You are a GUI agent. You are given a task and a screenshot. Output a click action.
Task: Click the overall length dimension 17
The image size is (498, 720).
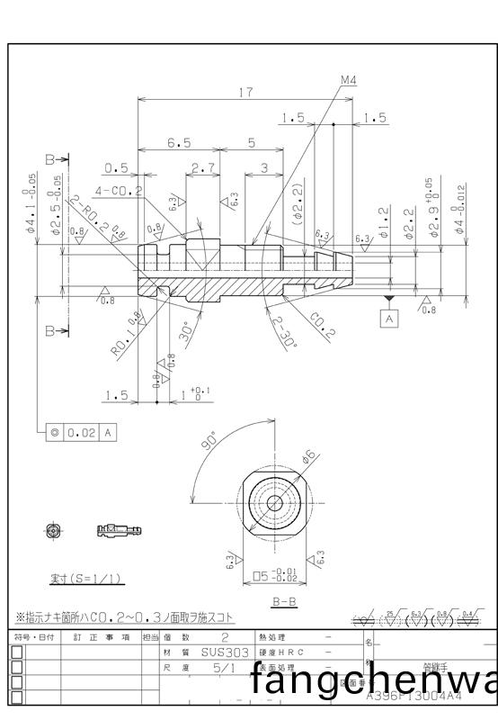[245, 92]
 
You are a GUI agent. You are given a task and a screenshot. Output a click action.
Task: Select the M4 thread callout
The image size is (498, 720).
[348, 81]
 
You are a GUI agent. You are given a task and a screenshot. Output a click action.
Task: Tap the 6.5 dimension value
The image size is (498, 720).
[179, 143]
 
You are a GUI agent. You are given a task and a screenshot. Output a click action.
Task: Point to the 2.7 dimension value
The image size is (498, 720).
[203, 168]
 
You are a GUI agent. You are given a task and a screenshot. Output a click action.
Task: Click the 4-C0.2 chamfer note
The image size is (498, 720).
[118, 191]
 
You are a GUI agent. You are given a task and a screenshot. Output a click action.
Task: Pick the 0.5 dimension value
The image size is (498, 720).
[115, 168]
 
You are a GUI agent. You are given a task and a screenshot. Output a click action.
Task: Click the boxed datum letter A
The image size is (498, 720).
[389, 319]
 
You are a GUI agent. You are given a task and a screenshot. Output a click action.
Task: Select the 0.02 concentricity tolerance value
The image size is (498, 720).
[83, 433]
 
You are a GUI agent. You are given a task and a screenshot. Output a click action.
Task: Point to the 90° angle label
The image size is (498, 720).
[209, 441]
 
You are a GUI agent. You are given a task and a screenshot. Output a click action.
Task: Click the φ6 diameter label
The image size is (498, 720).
[309, 458]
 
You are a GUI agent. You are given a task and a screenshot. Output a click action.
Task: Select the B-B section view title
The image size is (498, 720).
[285, 600]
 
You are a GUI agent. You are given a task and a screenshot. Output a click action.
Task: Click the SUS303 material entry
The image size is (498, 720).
[212, 652]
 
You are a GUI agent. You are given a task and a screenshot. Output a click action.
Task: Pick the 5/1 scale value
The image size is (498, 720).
[212, 668]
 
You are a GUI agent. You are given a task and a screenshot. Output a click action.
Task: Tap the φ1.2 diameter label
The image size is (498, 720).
[384, 221]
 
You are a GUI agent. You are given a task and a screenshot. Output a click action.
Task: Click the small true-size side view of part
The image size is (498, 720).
[119, 530]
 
